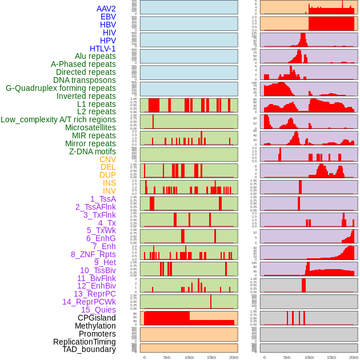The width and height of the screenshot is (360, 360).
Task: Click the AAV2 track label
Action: point(106,9)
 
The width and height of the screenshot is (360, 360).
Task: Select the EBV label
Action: point(108,17)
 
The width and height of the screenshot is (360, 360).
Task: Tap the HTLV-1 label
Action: point(102,49)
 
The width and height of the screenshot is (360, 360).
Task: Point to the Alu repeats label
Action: point(95,56)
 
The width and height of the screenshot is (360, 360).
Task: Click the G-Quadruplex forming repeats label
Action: point(61,88)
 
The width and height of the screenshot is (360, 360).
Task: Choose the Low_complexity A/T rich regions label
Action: point(58,119)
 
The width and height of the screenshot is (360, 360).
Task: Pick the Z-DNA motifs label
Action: point(92,151)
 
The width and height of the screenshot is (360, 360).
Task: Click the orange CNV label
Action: point(107,159)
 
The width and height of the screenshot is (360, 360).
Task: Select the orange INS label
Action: point(109,183)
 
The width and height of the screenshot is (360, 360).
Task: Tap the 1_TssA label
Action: point(103,199)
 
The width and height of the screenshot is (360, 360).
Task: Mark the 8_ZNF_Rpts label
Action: point(93,254)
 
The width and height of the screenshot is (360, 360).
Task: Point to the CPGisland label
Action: point(97,318)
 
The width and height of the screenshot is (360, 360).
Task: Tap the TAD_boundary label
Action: point(89,349)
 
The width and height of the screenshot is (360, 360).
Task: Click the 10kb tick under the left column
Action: point(189,357)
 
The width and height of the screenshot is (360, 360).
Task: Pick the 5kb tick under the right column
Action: point(286,357)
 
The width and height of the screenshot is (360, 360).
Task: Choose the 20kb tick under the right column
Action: point(354,357)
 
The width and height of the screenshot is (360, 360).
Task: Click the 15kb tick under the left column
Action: point(211,357)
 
